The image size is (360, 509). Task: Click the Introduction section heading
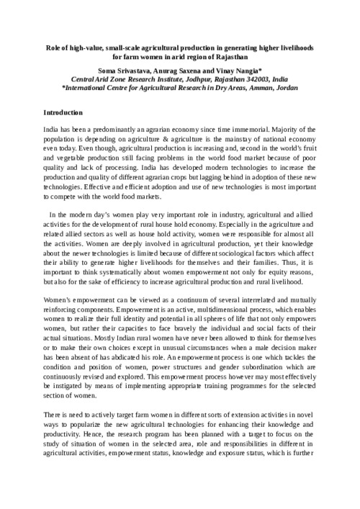pyautogui.click(x=63, y=113)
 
